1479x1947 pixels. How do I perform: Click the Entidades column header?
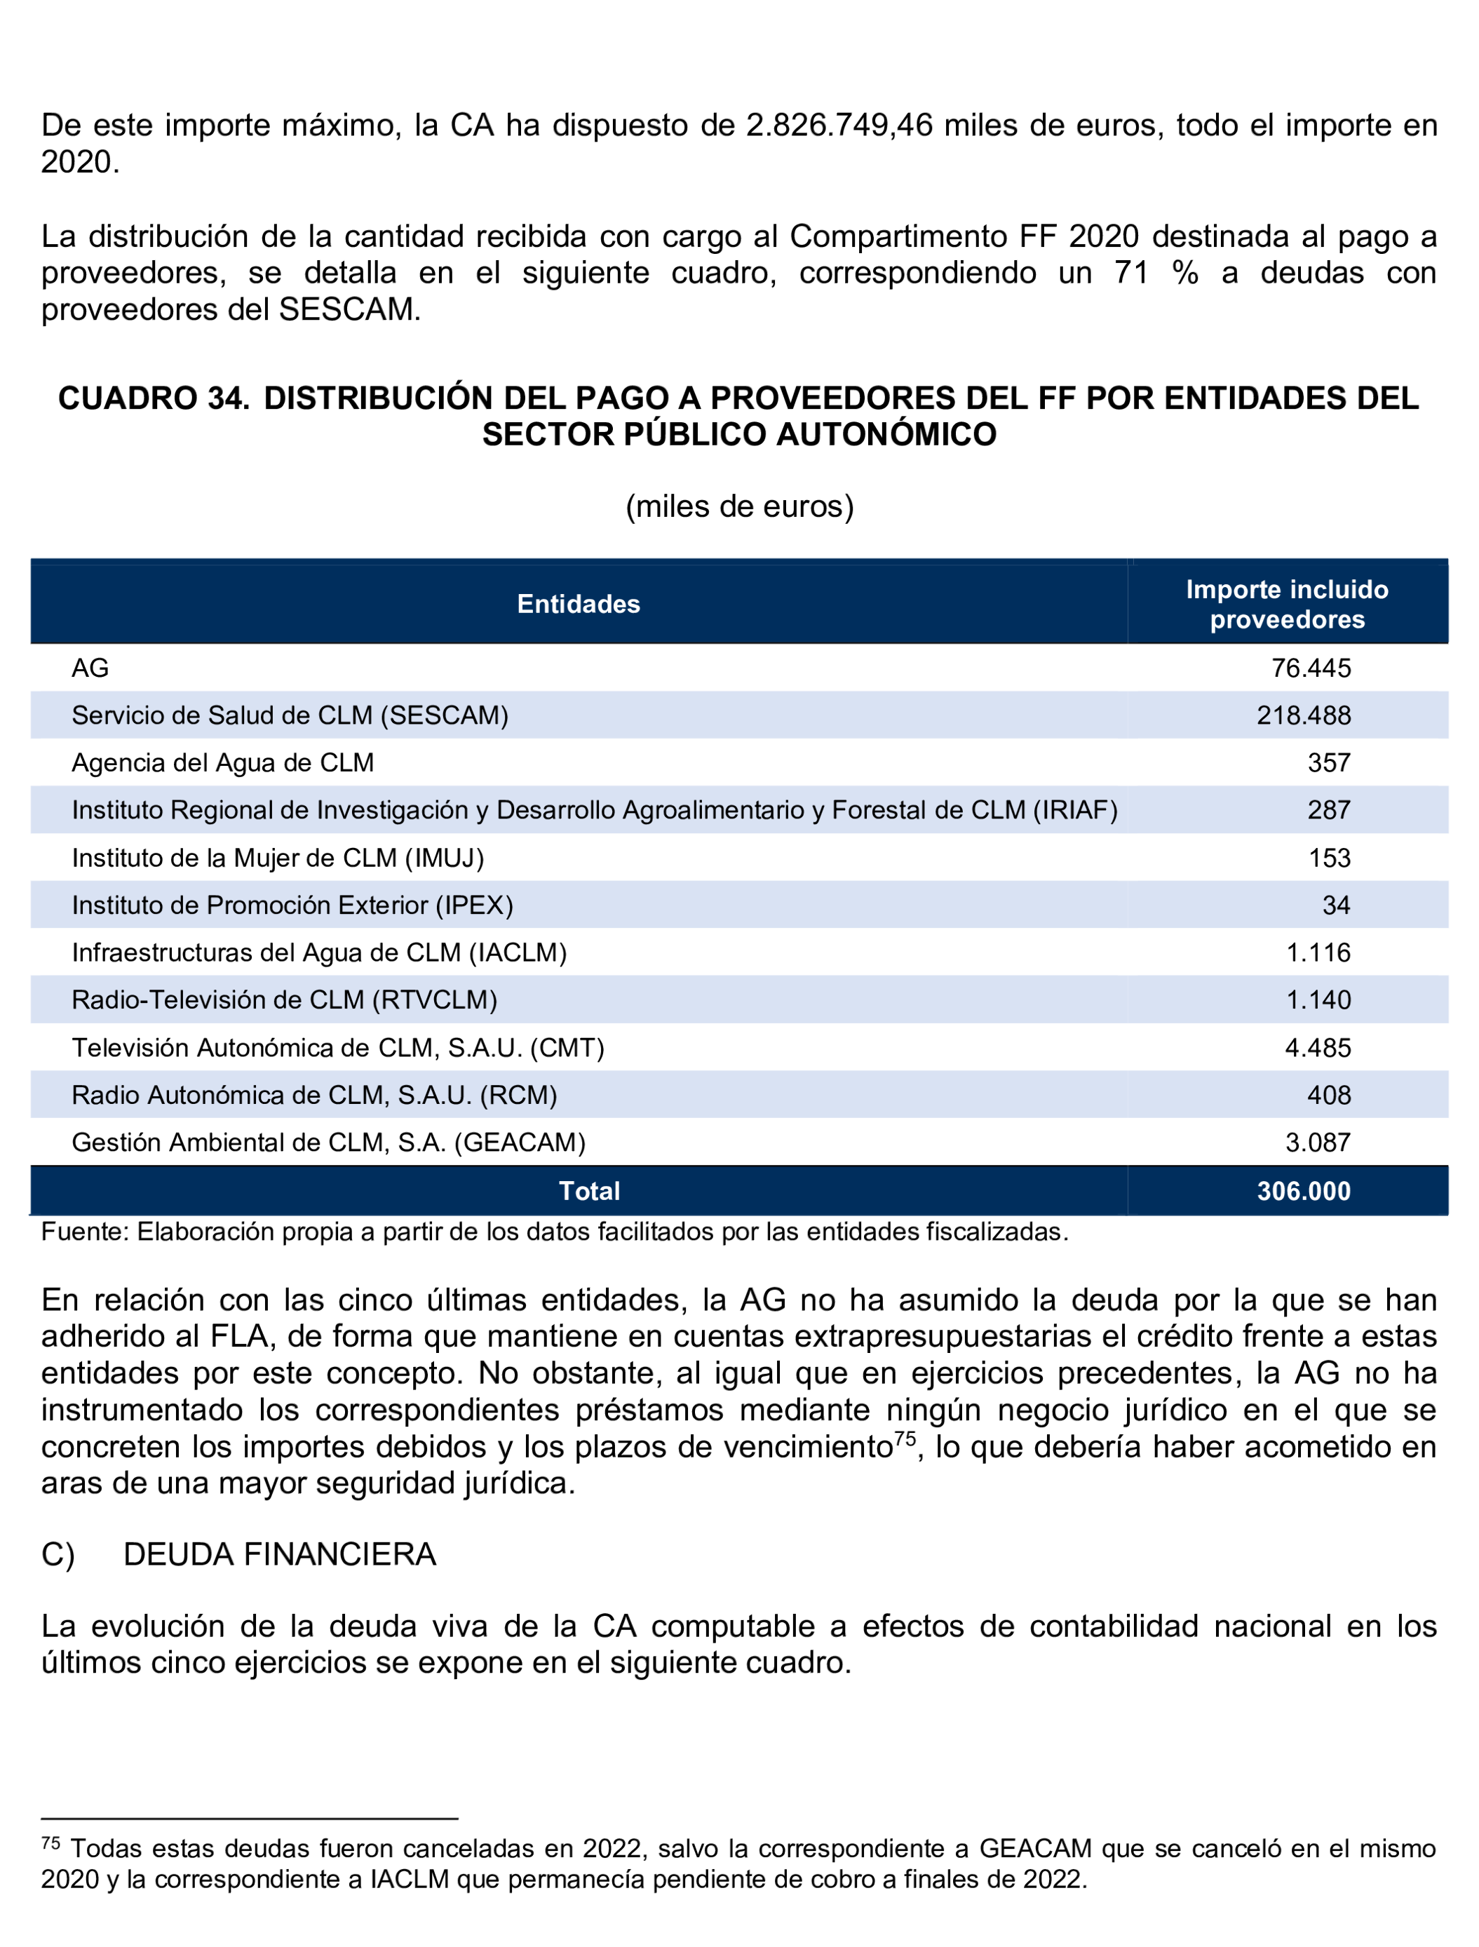[x=579, y=604]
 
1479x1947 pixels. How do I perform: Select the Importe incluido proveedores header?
[x=1286, y=604]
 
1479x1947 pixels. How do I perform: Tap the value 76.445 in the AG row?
[x=1310, y=668]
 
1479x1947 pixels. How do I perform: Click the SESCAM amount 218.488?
[x=1303, y=715]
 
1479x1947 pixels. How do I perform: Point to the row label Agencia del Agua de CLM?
[x=223, y=762]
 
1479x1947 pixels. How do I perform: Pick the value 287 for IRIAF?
[x=1328, y=810]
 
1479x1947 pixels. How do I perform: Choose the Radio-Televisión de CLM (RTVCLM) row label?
[x=284, y=1000]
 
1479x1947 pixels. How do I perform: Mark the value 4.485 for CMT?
[x=1317, y=1048]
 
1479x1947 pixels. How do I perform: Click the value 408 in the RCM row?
[x=1328, y=1096]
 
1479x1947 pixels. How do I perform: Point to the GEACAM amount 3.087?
[x=1317, y=1143]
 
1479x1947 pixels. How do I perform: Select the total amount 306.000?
[x=1303, y=1192]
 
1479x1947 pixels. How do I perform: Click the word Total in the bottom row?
[x=589, y=1192]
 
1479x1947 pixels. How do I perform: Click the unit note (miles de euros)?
[x=739, y=506]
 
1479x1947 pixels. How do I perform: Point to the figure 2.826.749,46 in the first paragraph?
[x=839, y=125]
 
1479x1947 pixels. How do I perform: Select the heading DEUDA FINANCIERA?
[x=280, y=1555]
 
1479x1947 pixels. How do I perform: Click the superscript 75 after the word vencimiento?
[x=905, y=1439]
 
